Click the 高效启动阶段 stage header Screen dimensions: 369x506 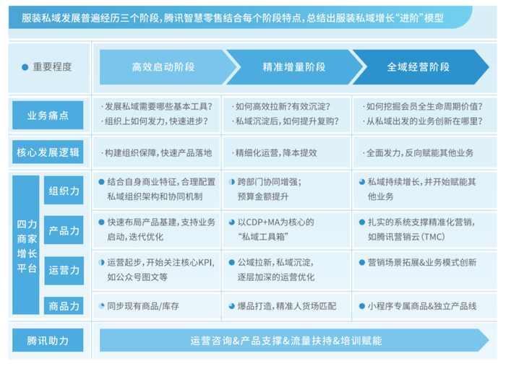162,67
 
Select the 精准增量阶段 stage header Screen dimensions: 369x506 293,67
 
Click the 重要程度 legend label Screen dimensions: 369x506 52,67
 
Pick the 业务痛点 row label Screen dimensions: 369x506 48,115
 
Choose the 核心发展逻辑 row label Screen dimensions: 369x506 48,152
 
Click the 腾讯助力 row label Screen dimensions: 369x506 48,339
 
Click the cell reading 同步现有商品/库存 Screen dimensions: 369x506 143,305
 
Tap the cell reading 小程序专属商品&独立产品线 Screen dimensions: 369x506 421,305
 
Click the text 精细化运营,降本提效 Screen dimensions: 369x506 275,152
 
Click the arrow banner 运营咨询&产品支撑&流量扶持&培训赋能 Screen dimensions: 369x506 286,339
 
